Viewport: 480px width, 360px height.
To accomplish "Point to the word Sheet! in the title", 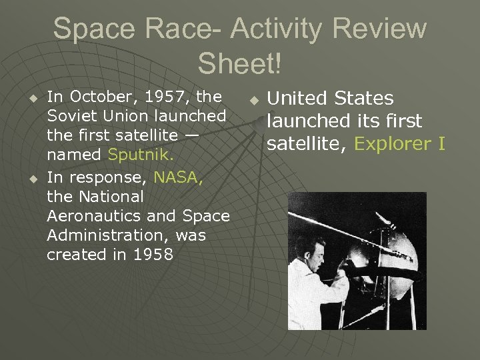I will coord(240,64).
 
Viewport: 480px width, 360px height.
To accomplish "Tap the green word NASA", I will coord(178,178).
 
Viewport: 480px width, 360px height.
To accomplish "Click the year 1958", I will coord(154,255).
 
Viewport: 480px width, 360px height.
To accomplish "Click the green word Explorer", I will coord(393,144).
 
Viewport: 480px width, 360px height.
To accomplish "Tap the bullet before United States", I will coord(253,100).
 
